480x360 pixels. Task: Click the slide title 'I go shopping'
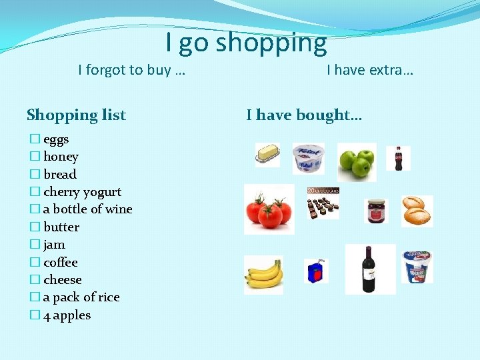pyautogui.click(x=246, y=43)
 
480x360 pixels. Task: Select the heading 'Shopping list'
pyautogui.click(x=76, y=115)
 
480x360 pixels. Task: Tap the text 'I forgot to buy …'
pyautogui.click(x=131, y=70)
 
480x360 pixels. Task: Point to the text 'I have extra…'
pyautogui.click(x=370, y=70)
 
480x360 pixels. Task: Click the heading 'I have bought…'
pyautogui.click(x=304, y=115)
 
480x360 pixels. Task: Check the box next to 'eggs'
pyautogui.click(x=34, y=139)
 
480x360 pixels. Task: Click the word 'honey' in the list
pyautogui.click(x=61, y=157)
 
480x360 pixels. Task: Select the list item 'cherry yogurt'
pyautogui.click(x=82, y=192)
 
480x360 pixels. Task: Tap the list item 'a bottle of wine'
pyautogui.click(x=87, y=209)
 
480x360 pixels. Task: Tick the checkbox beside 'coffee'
pyautogui.click(x=34, y=263)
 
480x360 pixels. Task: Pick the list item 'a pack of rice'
pyautogui.click(x=81, y=297)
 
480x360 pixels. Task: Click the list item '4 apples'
pyautogui.click(x=67, y=315)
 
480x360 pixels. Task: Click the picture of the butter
pyautogui.click(x=267, y=155)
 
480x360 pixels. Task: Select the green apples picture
pyautogui.click(x=357, y=161)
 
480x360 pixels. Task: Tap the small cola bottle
pyautogui.click(x=399, y=158)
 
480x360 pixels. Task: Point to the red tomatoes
pyautogui.click(x=269, y=209)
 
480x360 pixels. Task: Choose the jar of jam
pyautogui.click(x=376, y=211)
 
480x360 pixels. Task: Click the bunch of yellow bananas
pyautogui.click(x=263, y=274)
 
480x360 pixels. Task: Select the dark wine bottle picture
pyautogui.click(x=368, y=269)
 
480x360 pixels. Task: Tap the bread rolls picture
pyautogui.click(x=417, y=211)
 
